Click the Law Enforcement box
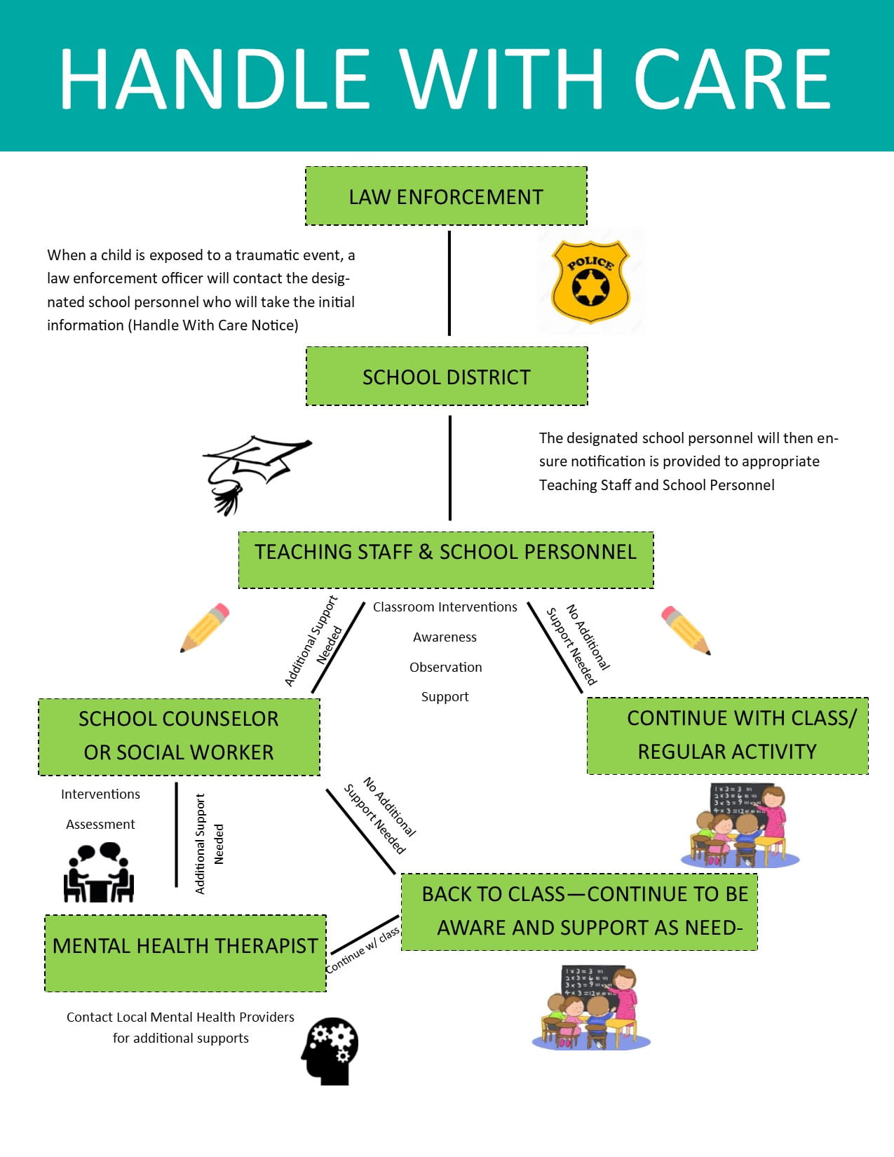pyautogui.click(x=446, y=196)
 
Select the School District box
pyautogui.click(x=447, y=377)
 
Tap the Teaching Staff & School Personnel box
pyautogui.click(x=446, y=560)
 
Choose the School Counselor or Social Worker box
pyautogui.click(x=179, y=736)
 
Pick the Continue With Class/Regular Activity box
pyautogui.click(x=727, y=736)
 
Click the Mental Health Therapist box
pyautogui.click(x=185, y=952)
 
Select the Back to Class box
pyautogui.click(x=579, y=912)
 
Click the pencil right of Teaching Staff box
pyautogui.click(x=685, y=629)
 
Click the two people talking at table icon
pyautogui.click(x=99, y=872)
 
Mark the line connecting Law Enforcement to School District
pyautogui.click(x=449, y=284)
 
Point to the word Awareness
pyautogui.click(x=445, y=637)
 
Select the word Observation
pyautogui.click(x=446, y=667)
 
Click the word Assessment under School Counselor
pyautogui.click(x=100, y=824)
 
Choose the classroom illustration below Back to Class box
pyautogui.click(x=590, y=1007)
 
